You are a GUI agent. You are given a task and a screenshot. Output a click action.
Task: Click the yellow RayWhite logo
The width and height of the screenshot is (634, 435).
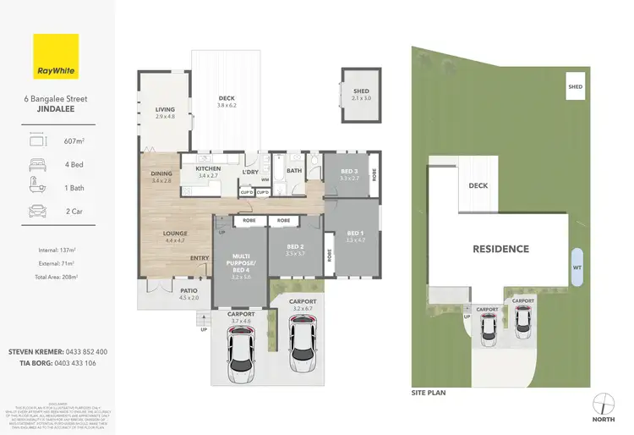point(55,56)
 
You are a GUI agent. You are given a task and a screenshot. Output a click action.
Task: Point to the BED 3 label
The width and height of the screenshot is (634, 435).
point(348,173)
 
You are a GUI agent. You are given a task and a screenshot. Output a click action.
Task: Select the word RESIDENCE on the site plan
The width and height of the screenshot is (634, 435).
point(500,249)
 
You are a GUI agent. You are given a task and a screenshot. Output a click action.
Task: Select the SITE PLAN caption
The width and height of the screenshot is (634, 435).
point(428,393)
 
